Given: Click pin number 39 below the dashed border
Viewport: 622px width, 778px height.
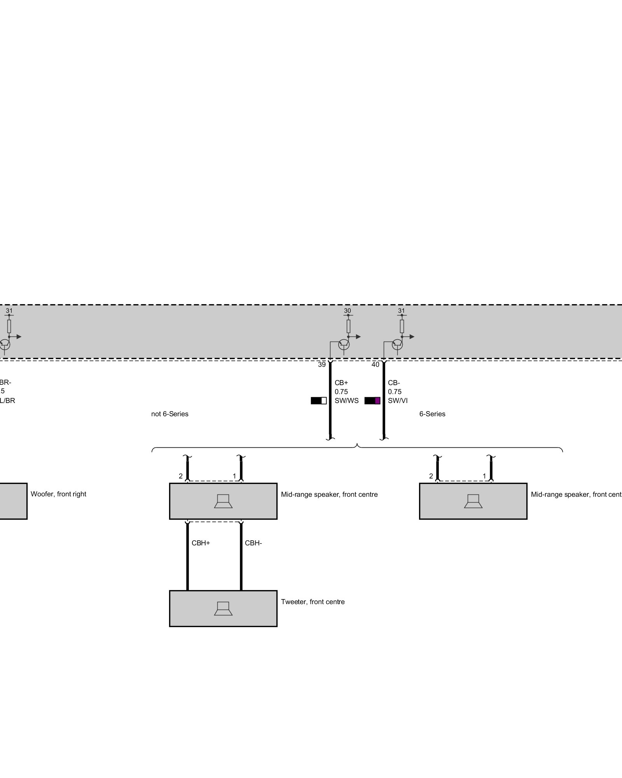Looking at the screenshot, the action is [x=321, y=364].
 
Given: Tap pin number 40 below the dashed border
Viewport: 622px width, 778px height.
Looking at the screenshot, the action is [x=375, y=364].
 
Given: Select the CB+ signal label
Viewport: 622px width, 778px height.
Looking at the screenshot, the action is [x=341, y=383].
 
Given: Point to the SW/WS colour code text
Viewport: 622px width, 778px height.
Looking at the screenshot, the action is [x=346, y=401].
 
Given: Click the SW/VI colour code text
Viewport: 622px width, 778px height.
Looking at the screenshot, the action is [x=398, y=401].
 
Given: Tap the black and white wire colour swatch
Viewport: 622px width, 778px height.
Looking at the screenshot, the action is [x=318, y=401].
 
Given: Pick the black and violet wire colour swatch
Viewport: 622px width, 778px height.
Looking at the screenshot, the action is [x=372, y=401].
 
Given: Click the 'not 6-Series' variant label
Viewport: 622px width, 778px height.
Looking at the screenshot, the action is [x=169, y=414].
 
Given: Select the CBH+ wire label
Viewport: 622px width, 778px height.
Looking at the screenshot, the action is [x=201, y=543].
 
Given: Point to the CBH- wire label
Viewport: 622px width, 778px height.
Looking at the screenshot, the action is [x=253, y=543].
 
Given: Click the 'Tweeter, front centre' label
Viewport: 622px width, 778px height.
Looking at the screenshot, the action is [x=313, y=602].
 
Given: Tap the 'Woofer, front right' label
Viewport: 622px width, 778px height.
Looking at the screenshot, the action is [x=58, y=494].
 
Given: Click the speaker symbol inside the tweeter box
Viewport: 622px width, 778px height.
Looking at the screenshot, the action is [x=223, y=608].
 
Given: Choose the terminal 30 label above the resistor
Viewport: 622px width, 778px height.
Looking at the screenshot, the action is [x=347, y=311].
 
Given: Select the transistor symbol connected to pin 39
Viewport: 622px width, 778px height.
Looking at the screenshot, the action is [x=344, y=344].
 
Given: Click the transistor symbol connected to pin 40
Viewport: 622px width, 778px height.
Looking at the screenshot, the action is [x=397, y=344].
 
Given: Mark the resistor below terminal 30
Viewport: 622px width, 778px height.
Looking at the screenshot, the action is [x=348, y=326].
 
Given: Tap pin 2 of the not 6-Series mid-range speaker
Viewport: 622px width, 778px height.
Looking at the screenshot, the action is [x=181, y=476].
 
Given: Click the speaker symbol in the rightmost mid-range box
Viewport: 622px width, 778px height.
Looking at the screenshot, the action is [x=473, y=501].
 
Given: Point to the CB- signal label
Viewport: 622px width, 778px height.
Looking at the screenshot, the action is [x=394, y=383].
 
